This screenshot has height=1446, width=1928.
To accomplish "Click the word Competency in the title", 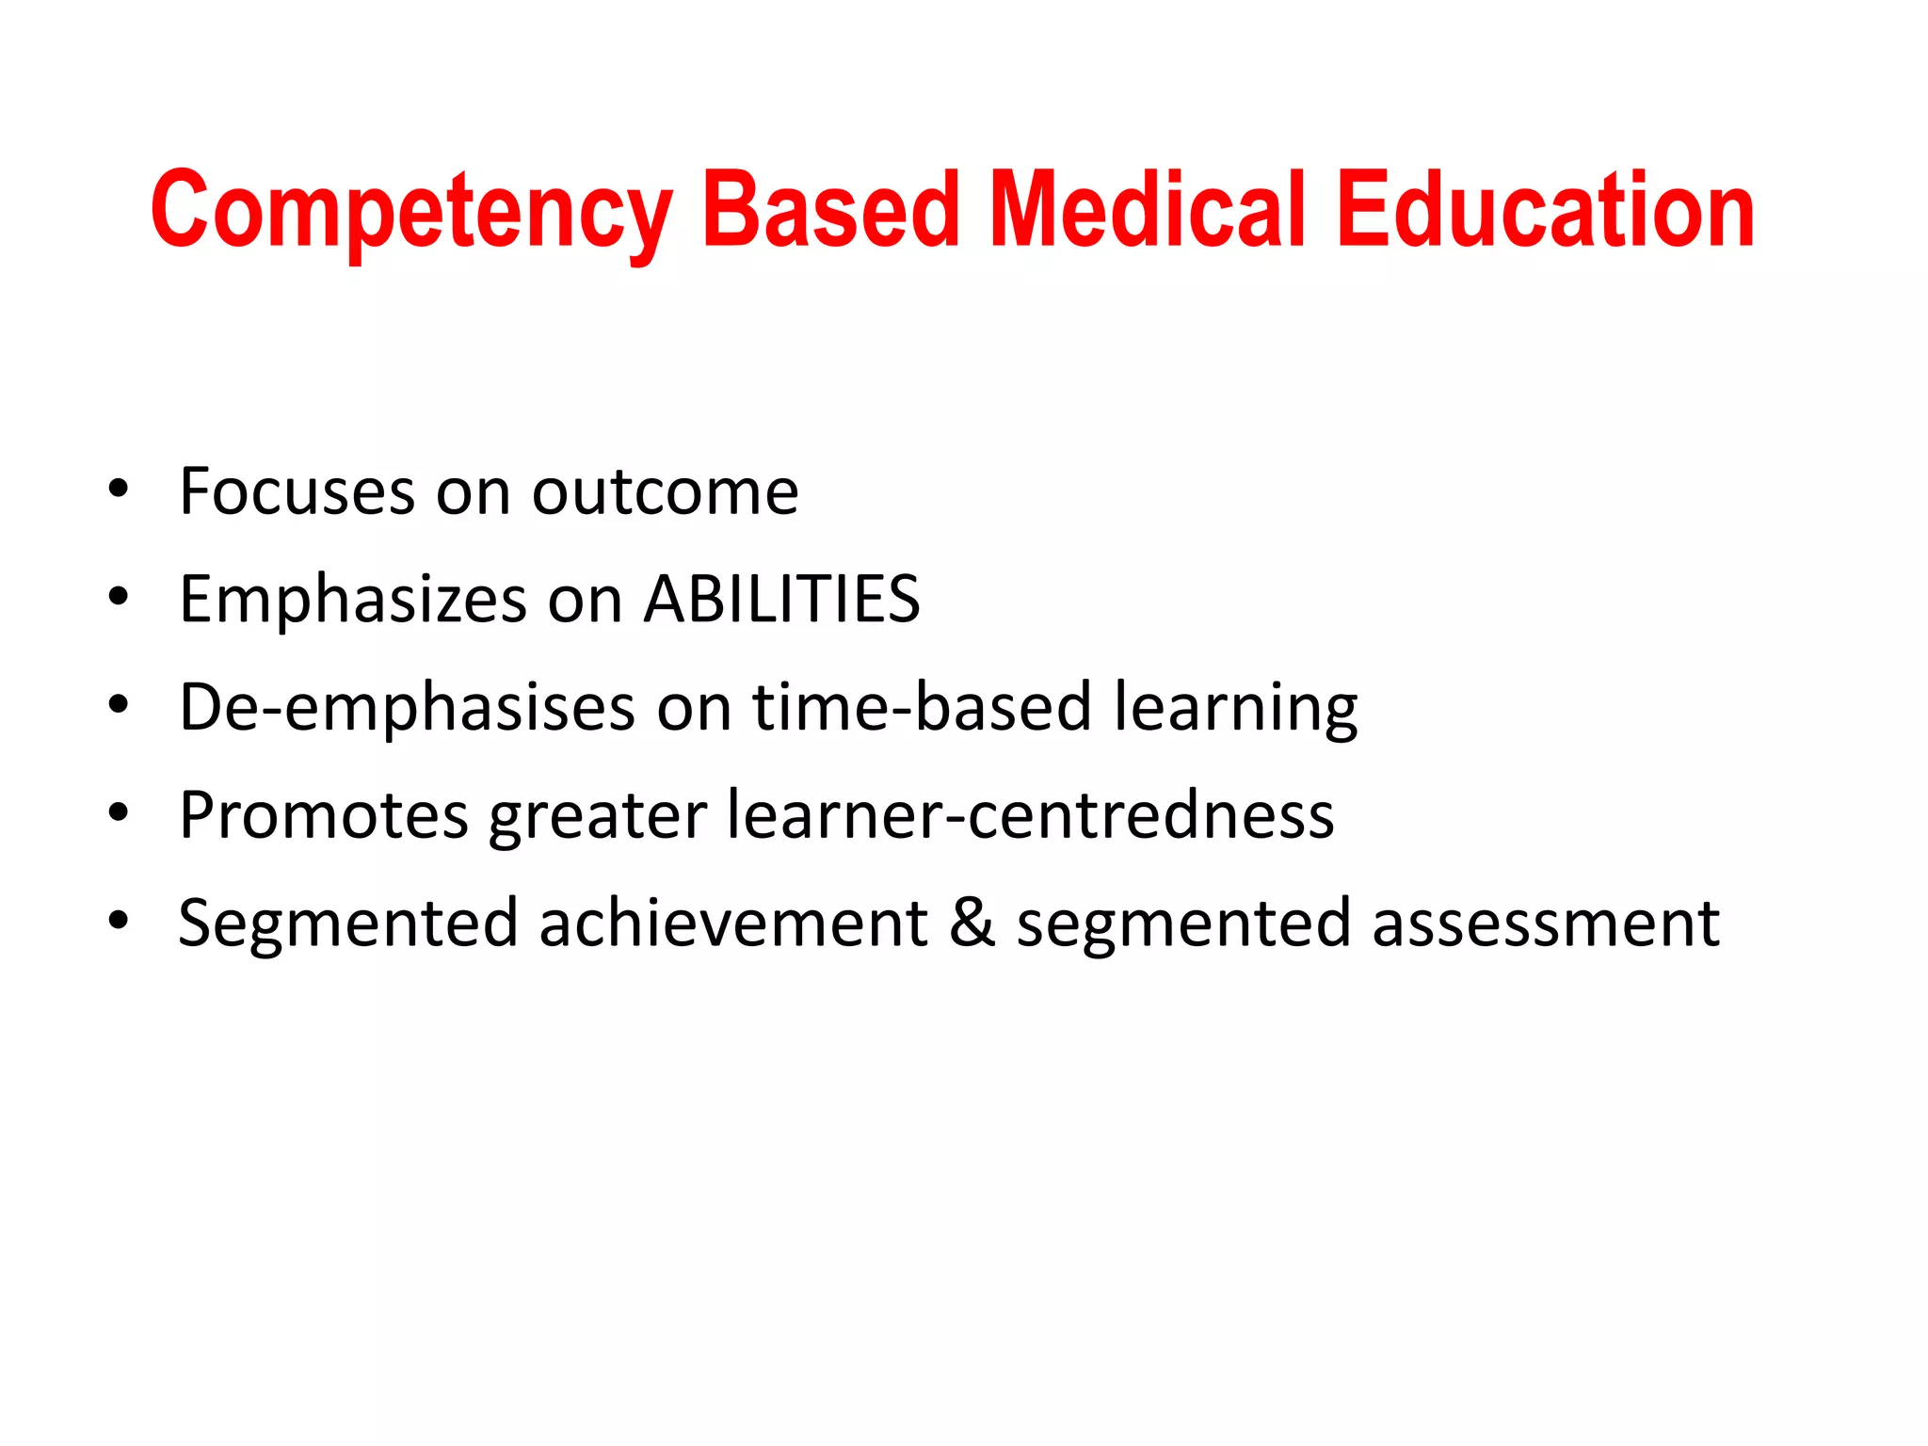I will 411,211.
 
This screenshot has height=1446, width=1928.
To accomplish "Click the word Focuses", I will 297,491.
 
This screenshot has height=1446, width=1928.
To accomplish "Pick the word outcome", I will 665,491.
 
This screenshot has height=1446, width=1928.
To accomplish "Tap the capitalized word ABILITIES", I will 781,599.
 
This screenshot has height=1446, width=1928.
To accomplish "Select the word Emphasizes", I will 353,601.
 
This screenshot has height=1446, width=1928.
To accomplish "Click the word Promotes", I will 324,815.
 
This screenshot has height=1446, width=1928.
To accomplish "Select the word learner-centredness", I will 1031,815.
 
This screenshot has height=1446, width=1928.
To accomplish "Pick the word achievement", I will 733,923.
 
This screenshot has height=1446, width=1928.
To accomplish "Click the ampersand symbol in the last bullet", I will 972,923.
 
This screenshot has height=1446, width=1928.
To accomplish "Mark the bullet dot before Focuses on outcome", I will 118,490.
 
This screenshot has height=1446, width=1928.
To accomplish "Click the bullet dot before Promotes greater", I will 118,812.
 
